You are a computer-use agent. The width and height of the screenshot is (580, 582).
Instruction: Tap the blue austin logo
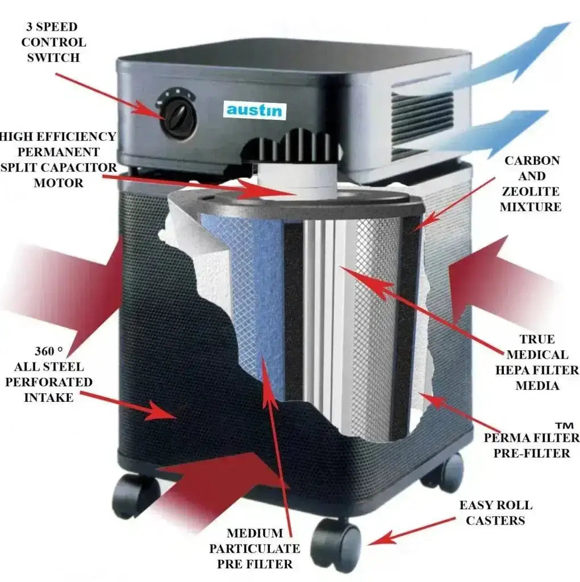[254, 110]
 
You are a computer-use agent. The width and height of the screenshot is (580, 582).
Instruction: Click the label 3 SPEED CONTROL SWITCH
[53, 42]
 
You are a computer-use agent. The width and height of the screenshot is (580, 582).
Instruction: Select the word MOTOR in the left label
[59, 183]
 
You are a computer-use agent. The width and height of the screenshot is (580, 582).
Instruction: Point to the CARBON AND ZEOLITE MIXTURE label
[531, 184]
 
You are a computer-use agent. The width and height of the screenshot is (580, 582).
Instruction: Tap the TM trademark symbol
[565, 425]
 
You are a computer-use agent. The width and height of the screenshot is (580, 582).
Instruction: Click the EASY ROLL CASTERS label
[496, 513]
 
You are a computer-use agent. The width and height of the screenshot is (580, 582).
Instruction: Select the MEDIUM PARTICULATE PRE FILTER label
[254, 548]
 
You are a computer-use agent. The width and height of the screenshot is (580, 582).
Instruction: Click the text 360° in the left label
[49, 351]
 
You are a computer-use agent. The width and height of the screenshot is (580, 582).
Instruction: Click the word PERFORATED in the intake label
[49, 382]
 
